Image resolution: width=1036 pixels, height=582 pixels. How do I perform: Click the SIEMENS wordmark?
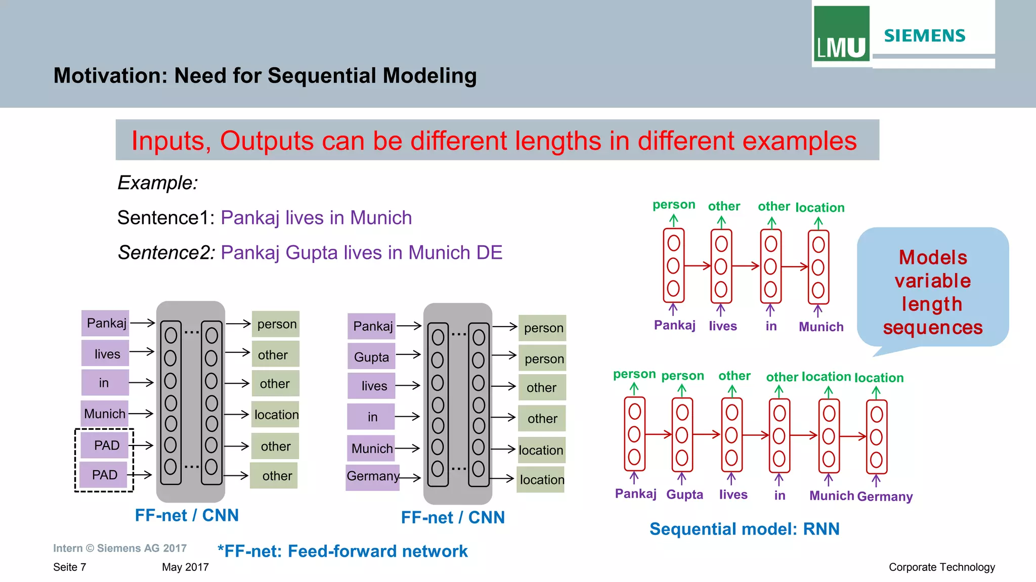click(925, 36)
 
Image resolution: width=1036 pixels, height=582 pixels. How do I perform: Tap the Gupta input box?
click(371, 357)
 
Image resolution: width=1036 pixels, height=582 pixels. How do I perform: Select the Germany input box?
click(373, 476)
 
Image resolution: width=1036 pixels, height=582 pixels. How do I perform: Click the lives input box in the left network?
click(106, 354)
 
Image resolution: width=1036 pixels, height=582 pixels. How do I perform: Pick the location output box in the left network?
click(276, 415)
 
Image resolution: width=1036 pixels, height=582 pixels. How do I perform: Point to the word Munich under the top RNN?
click(821, 327)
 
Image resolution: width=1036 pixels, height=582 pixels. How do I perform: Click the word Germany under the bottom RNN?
click(885, 497)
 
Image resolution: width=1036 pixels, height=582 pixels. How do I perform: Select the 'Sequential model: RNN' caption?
click(744, 529)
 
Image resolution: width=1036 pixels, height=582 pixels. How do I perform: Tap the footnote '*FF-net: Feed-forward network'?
click(342, 551)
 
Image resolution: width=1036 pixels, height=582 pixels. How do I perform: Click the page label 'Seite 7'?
click(69, 567)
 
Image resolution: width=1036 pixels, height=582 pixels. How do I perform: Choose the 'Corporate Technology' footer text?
click(941, 567)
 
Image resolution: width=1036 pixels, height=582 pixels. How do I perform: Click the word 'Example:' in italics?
click(157, 183)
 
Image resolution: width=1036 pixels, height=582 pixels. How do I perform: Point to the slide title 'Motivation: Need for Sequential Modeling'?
click(265, 76)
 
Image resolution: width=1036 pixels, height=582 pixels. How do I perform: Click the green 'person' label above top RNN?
click(673, 205)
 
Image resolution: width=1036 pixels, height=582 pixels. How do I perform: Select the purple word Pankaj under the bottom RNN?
click(635, 494)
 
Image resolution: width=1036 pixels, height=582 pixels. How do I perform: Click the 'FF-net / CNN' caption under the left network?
click(187, 515)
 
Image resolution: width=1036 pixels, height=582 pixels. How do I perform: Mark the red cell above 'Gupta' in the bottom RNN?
click(682, 435)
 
